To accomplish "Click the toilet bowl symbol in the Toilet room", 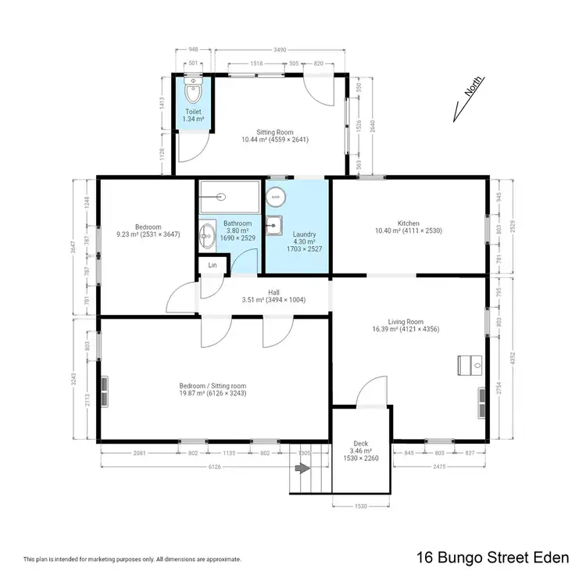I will click(x=193, y=91).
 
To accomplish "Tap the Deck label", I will click(x=360, y=447).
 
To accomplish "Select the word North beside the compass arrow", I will click(x=472, y=88).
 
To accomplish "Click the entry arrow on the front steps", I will click(x=302, y=469).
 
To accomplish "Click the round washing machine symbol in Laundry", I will click(x=277, y=195).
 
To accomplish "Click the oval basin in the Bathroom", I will click(x=208, y=233).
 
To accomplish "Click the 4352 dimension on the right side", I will click(x=513, y=359).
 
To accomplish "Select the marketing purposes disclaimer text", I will click(x=132, y=559).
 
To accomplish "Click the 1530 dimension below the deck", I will click(x=360, y=506).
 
